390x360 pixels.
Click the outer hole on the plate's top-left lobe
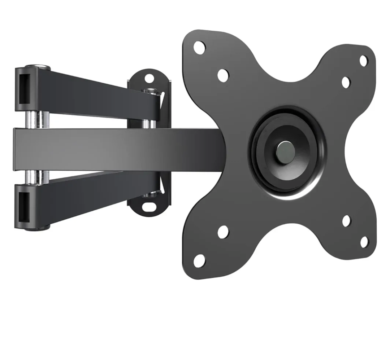point(199,48)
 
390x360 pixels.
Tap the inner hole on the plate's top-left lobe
point(223,75)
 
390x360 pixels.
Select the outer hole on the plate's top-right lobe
point(363,61)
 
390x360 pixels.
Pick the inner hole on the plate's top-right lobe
point(346,82)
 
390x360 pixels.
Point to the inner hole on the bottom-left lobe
point(223,232)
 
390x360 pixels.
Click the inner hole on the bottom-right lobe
point(346,221)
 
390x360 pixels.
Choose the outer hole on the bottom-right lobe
point(364,242)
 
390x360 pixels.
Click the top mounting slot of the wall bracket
point(149,78)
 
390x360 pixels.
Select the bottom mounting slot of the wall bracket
point(148,207)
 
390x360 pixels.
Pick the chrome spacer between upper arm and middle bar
point(36,119)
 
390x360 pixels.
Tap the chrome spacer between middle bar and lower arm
point(36,177)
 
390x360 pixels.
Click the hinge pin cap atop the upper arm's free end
point(38,67)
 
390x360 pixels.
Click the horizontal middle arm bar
point(108,149)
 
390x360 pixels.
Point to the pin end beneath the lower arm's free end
point(37,228)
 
